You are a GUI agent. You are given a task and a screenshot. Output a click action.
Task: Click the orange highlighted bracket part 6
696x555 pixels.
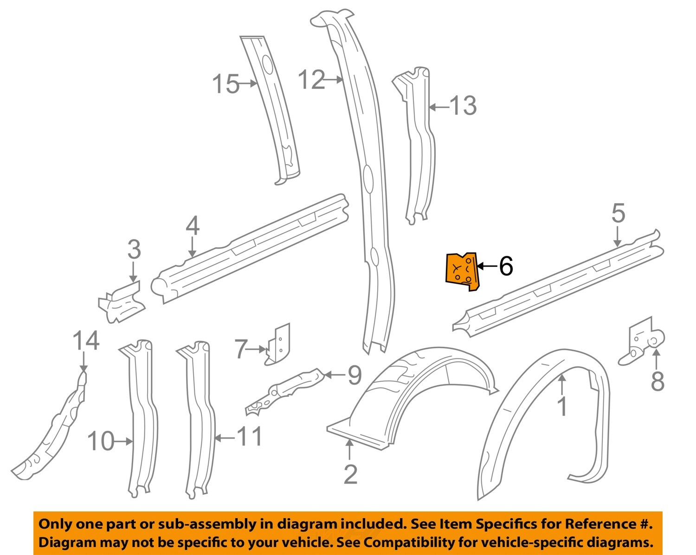click(x=461, y=272)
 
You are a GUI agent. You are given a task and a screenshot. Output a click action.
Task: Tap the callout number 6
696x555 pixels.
click(x=506, y=266)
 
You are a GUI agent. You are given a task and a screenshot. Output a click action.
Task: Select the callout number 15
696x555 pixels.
click(x=226, y=84)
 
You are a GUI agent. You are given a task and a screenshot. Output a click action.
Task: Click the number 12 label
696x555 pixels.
click(x=311, y=80)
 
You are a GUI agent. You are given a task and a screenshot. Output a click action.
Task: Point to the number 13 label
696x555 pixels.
click(x=463, y=106)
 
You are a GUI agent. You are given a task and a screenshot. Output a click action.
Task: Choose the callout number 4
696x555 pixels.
click(x=193, y=227)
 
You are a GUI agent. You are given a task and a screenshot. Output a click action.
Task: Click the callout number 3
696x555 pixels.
click(x=134, y=250)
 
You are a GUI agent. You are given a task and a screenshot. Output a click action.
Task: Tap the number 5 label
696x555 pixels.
click(x=618, y=214)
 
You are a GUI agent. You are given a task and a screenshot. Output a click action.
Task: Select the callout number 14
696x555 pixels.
click(x=86, y=341)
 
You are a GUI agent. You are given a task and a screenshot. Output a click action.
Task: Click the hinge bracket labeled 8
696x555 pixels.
click(x=645, y=343)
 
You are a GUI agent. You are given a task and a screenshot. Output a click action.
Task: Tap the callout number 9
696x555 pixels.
click(x=354, y=375)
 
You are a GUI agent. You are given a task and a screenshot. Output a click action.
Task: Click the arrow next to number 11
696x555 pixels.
click(x=224, y=437)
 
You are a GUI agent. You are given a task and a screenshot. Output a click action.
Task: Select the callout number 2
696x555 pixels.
click(x=351, y=474)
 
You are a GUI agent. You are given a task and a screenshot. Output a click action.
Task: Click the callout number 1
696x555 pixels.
click(x=562, y=407)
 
